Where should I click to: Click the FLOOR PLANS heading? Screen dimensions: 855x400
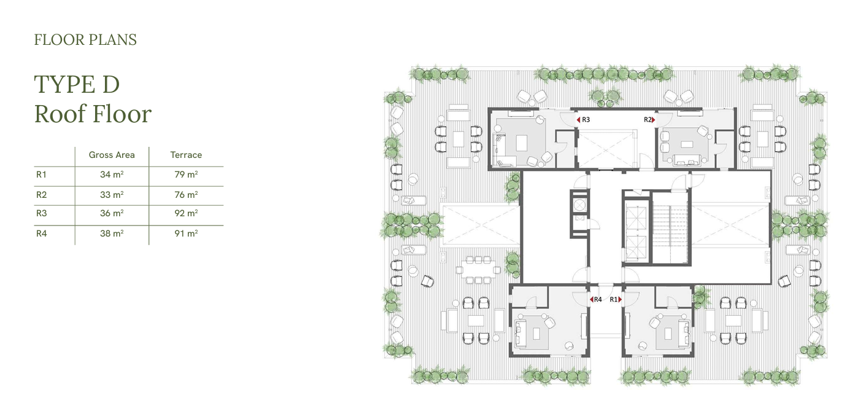(x=85, y=40)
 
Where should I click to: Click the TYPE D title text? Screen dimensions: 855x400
(x=77, y=84)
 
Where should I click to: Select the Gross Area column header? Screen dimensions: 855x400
(x=112, y=155)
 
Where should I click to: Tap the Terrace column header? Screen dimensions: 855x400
(x=186, y=155)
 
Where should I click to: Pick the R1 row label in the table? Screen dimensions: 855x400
(x=41, y=175)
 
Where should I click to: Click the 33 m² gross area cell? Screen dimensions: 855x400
(x=112, y=194)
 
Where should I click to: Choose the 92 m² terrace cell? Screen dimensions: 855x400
(x=186, y=213)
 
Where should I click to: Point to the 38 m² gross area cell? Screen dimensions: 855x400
(x=112, y=233)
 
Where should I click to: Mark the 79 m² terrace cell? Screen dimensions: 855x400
(x=186, y=175)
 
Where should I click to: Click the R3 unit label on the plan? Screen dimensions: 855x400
(x=586, y=120)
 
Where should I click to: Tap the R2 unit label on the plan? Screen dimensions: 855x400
(x=648, y=120)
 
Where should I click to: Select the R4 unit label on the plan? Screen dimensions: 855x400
(x=598, y=299)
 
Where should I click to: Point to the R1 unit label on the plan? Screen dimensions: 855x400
(x=613, y=299)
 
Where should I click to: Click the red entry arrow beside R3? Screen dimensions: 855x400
(x=578, y=120)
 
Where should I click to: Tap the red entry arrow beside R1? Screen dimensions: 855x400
(x=620, y=299)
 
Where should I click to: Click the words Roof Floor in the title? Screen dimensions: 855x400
(x=93, y=114)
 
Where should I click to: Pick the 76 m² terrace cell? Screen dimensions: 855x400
(x=186, y=194)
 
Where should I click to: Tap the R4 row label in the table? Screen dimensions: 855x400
(x=41, y=233)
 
